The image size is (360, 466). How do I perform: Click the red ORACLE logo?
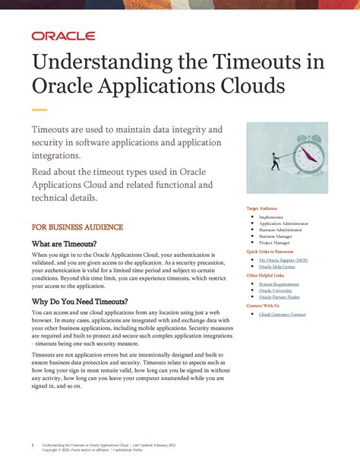63,36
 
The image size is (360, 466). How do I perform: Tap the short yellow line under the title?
39,109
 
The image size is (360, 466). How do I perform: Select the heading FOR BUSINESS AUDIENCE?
77,227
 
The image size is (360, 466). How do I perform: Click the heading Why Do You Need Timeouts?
80,301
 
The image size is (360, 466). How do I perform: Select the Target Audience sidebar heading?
262,208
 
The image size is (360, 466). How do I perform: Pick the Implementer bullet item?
271,217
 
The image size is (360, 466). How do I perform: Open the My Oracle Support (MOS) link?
283,260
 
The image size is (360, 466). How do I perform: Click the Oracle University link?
276,291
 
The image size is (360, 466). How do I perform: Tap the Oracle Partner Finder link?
279,297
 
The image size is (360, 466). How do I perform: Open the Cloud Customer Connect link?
283,314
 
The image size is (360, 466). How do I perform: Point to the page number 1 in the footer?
33,445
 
